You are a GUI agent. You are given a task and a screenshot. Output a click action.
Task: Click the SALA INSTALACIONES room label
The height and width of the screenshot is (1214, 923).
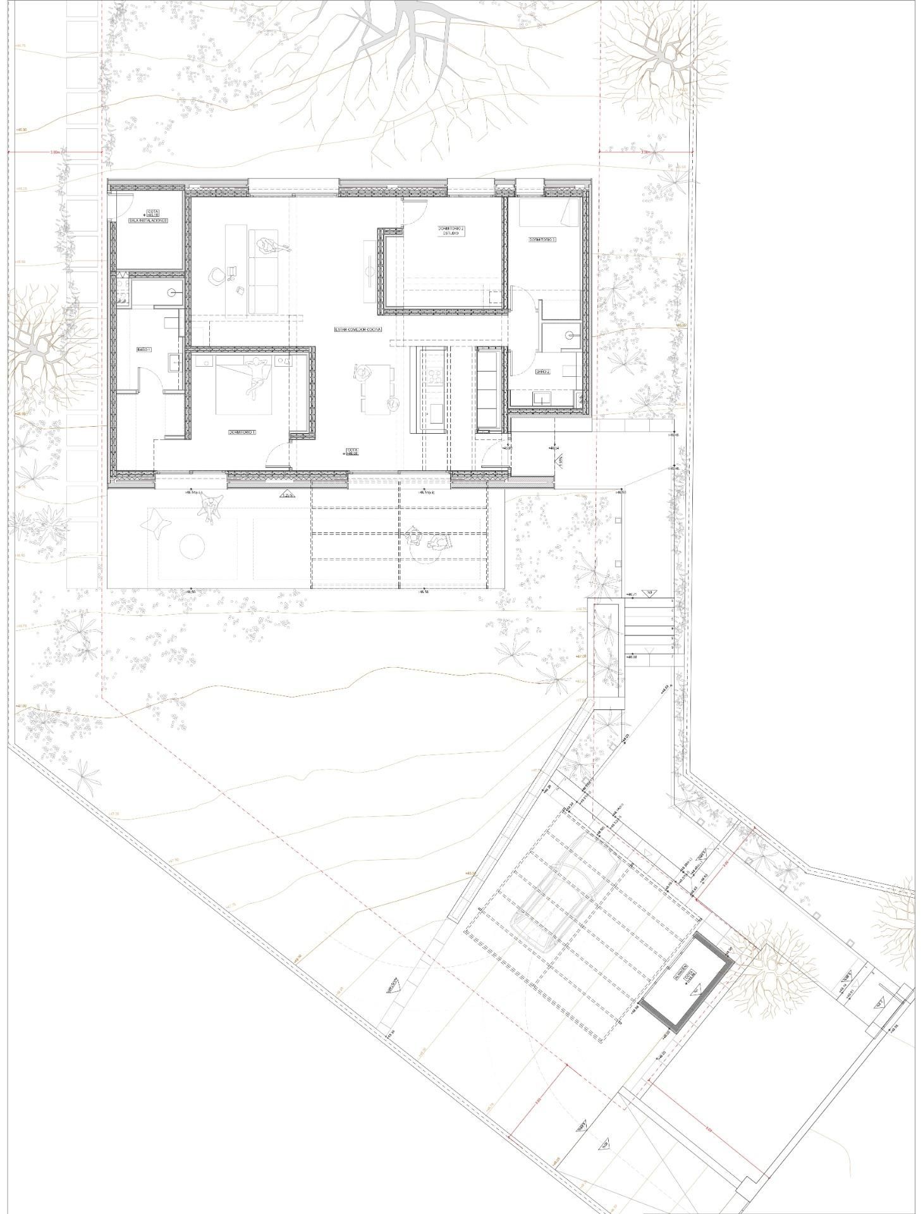tap(148, 221)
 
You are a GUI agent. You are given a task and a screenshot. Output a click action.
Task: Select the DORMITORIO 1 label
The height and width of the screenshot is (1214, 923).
tap(241, 432)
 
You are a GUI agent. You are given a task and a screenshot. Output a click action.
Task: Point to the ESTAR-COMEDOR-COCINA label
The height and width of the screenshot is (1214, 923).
tap(358, 329)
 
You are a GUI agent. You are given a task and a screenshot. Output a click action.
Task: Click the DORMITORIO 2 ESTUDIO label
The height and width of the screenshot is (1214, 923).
tap(451, 231)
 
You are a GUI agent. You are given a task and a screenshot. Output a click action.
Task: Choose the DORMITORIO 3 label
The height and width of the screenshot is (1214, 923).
tap(542, 240)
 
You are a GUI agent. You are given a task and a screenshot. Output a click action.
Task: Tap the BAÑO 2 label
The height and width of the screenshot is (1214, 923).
tap(543, 372)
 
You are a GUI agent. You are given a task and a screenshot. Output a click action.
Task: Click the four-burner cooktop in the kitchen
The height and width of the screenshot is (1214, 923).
tap(435, 376)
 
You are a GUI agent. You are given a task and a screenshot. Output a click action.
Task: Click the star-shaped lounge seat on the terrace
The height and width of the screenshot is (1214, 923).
tap(157, 524)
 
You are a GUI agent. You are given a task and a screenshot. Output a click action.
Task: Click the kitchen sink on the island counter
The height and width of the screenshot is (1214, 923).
tap(434, 417)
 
